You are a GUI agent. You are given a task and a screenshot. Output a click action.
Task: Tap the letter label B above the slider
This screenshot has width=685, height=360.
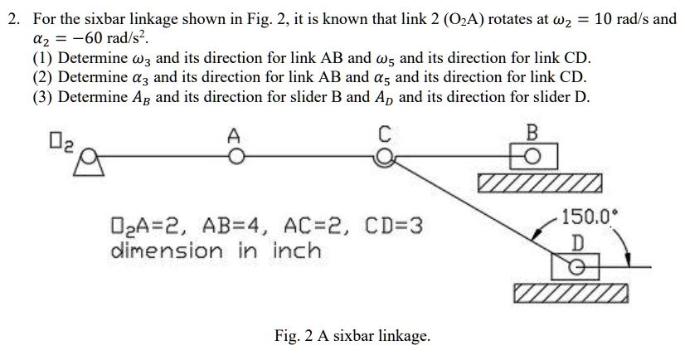point(532,133)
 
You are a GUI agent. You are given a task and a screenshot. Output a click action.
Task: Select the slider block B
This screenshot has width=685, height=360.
point(532,156)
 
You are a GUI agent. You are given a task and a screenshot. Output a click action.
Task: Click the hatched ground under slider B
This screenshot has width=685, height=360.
point(539,182)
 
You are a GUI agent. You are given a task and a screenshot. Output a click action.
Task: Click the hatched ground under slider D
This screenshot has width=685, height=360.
point(571,294)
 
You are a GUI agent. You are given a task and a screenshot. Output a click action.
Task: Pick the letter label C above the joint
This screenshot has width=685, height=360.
point(383,134)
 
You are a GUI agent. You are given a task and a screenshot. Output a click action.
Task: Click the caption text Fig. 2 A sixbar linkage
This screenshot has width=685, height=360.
point(352,336)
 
